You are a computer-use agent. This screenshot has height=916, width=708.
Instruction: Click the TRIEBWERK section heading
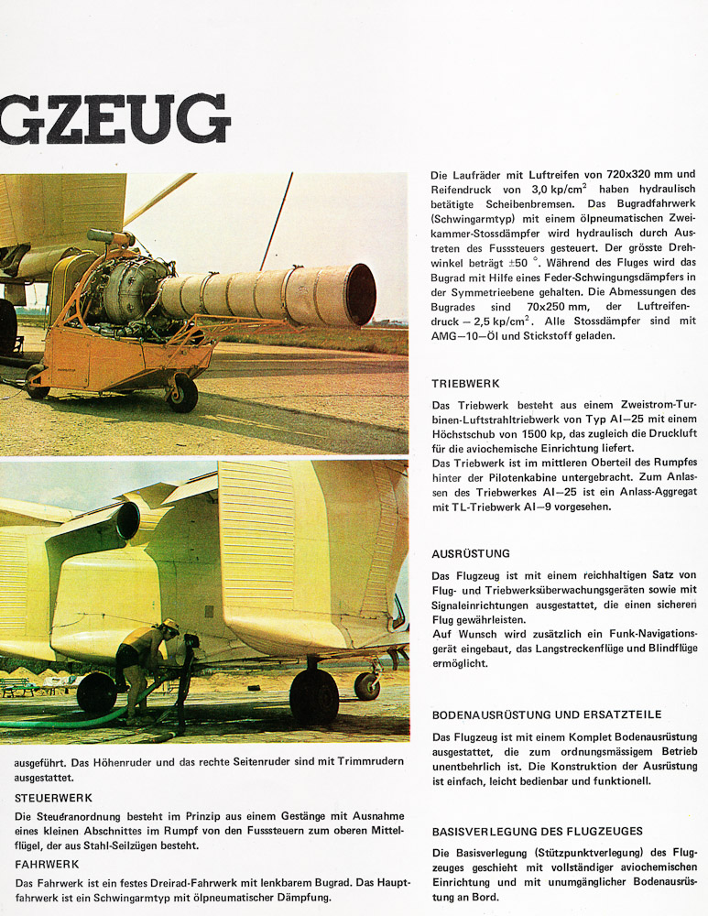tap(465, 384)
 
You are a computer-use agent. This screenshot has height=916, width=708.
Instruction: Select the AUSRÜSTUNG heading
tap(471, 554)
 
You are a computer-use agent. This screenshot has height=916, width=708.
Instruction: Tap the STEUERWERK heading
tap(53, 798)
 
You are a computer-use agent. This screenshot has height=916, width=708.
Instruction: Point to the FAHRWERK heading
tap(46, 864)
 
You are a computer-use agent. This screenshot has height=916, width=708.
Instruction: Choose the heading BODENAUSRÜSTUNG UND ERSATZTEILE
tap(547, 714)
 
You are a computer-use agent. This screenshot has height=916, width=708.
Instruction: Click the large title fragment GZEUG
tap(114, 119)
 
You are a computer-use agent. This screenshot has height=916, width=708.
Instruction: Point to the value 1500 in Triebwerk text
tap(551, 431)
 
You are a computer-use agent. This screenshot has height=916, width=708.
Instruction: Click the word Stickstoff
tap(576, 336)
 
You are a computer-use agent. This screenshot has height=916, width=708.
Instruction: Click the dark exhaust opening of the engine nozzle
tap(361, 294)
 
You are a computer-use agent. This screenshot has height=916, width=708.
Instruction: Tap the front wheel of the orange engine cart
tap(182, 393)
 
